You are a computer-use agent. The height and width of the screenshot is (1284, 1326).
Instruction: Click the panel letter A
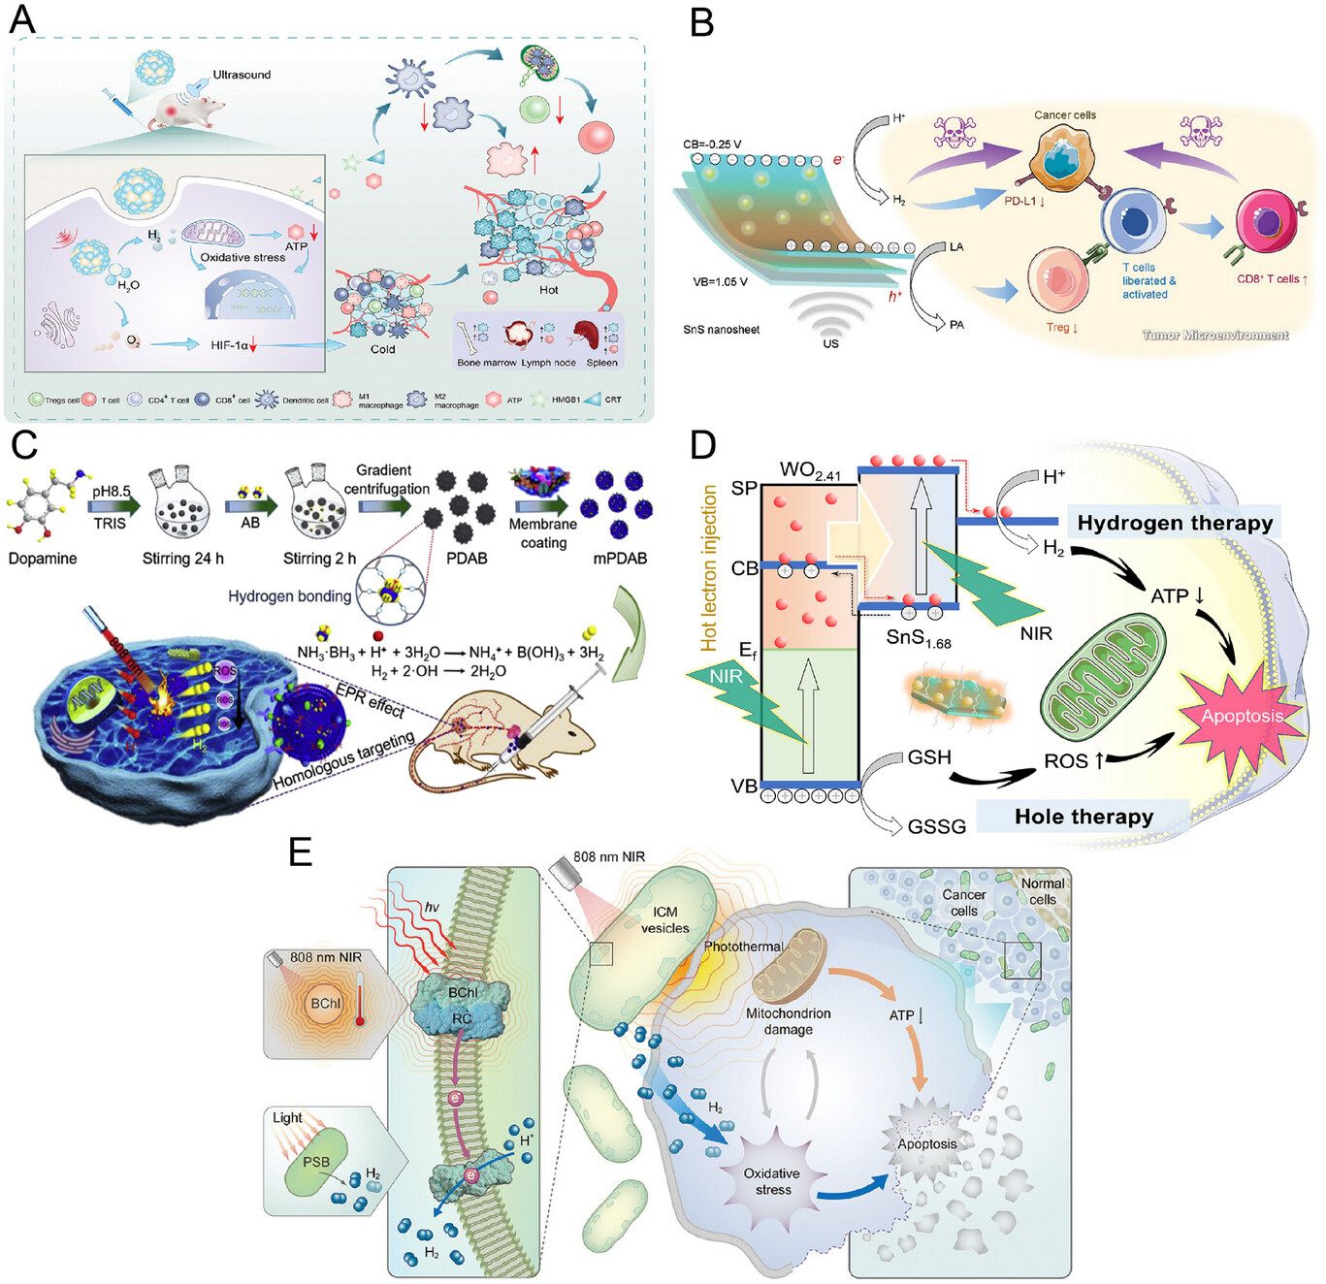21,18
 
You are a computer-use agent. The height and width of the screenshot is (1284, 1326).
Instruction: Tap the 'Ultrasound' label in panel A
242,75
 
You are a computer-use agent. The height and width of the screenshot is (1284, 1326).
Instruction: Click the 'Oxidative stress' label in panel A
243,258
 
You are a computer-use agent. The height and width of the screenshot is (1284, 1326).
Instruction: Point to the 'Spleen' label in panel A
601,363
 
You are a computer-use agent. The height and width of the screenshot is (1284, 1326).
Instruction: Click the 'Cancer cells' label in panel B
1065,115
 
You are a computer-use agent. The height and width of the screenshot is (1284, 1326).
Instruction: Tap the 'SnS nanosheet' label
721,330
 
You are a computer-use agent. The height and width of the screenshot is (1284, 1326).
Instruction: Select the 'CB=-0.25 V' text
712,144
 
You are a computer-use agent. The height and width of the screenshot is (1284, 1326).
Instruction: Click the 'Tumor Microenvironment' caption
1214,336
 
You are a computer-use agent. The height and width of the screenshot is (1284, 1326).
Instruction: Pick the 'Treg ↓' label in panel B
1061,328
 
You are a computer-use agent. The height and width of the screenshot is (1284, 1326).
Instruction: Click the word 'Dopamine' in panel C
42,559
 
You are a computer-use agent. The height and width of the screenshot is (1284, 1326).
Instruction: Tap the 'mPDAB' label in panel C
620,559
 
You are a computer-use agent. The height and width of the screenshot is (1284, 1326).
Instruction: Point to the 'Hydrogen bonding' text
289,596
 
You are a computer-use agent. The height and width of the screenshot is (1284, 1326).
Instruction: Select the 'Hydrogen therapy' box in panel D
1174,524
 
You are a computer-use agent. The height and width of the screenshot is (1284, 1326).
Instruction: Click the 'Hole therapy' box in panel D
1083,817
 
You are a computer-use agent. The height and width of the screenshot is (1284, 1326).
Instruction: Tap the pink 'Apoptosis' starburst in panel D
1242,716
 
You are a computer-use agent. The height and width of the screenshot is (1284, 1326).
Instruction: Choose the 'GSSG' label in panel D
936,827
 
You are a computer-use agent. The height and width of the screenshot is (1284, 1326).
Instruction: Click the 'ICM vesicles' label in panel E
665,919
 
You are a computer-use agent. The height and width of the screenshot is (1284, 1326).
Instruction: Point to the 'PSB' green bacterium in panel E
316,1162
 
